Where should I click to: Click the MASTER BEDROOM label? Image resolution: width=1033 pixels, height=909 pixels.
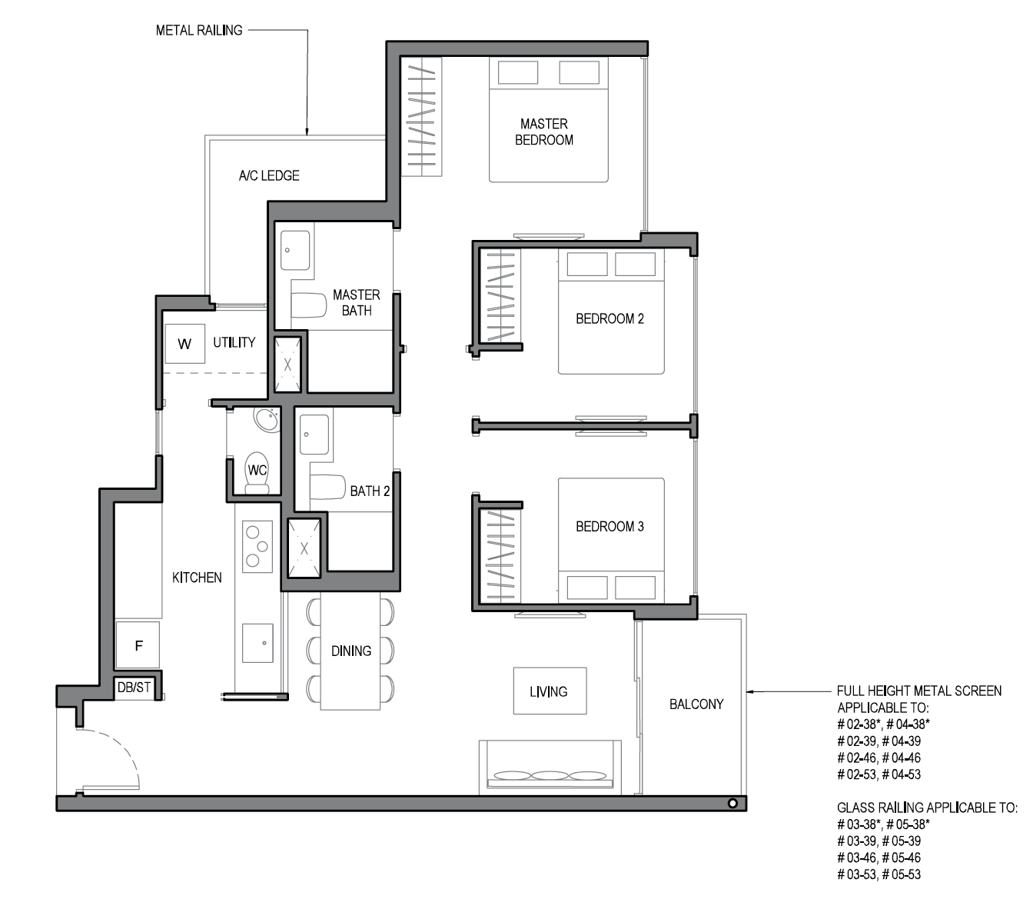543,132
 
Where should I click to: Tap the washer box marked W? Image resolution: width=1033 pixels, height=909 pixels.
184,344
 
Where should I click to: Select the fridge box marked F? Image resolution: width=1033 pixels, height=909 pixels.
138,645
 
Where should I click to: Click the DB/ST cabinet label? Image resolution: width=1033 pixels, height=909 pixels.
134,687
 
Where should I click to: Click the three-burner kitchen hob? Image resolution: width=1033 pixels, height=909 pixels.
257,547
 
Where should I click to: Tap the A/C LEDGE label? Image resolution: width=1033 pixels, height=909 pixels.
269,175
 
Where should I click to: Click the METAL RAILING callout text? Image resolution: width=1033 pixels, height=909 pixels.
199,31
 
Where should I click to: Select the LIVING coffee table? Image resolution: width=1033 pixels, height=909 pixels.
550,691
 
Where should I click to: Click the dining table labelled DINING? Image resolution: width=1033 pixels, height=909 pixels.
350,651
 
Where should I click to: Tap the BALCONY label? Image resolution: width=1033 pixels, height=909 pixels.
696,704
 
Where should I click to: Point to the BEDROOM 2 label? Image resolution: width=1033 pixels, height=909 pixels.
610,319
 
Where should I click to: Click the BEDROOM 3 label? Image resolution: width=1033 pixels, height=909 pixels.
610,527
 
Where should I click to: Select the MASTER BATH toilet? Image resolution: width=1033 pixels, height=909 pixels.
308,305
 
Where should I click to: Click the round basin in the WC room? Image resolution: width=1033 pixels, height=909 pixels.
266,419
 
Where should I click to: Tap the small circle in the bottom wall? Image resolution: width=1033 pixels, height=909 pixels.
732,804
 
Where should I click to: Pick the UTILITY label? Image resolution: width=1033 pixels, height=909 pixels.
234,342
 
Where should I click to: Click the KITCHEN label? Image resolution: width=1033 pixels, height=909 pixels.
197,578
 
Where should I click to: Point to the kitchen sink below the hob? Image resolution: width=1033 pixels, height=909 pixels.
257,643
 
